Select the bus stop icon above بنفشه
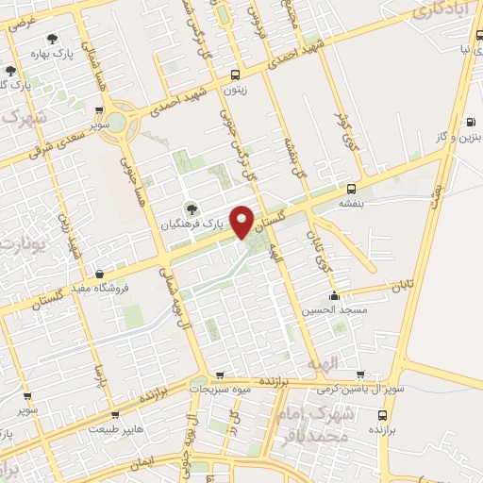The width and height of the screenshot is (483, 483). tap(351, 188)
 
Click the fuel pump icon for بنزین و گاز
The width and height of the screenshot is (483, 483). tap(470, 122)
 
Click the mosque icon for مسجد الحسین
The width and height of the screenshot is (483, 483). tap(333, 294)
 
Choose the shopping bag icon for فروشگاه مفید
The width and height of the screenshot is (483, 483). tap(112, 274)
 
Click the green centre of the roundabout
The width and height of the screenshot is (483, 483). tap(116, 123)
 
